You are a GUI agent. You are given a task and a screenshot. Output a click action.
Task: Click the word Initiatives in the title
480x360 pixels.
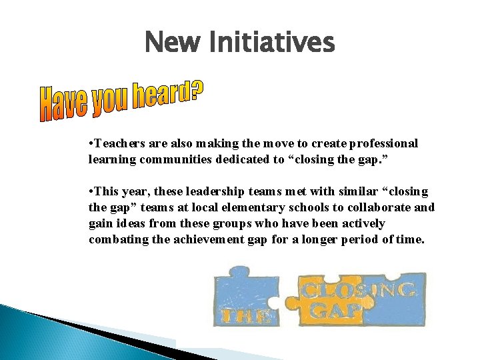[x=272, y=43]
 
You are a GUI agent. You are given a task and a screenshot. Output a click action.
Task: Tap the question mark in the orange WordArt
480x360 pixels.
[x=195, y=90]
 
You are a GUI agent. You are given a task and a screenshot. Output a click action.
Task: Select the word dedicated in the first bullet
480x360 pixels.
[x=235, y=160]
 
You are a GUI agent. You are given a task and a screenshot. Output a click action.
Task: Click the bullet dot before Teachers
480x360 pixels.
[x=90, y=144]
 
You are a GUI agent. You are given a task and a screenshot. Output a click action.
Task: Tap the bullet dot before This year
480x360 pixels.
[x=90, y=192]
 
